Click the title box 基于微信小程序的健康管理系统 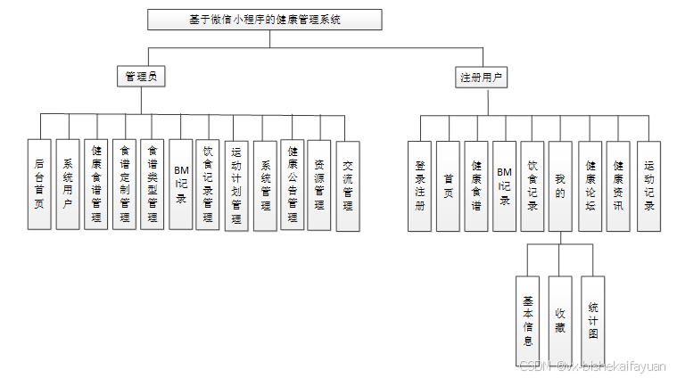click(265, 20)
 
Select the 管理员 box click(142, 78)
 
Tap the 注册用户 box click(481, 78)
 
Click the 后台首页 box click(38, 185)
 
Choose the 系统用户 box click(67, 185)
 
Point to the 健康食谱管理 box click(95, 185)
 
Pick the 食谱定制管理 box click(124, 185)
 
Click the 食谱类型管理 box click(153, 185)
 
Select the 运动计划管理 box click(236, 185)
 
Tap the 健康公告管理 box click(293, 185)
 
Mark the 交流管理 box click(348, 185)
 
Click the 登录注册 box click(420, 185)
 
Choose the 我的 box click(560, 185)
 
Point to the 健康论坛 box click(590, 185)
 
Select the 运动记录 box click(648, 185)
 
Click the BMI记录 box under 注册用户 click(504, 185)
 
